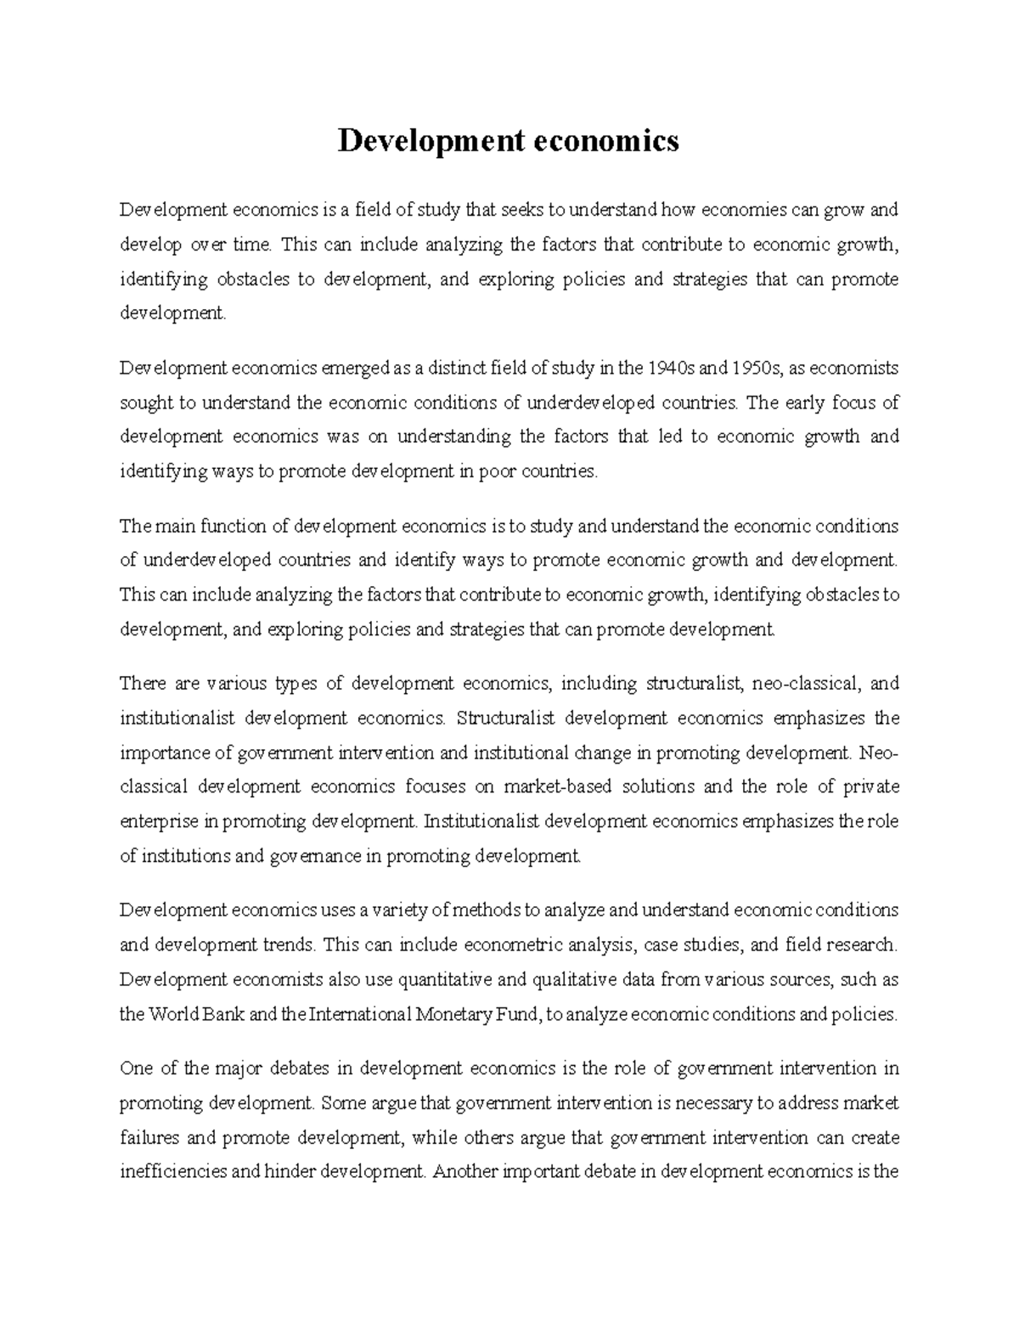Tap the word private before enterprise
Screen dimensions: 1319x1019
click(871, 786)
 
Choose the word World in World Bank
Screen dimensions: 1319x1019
click(174, 1014)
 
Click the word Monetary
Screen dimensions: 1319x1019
click(454, 1014)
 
